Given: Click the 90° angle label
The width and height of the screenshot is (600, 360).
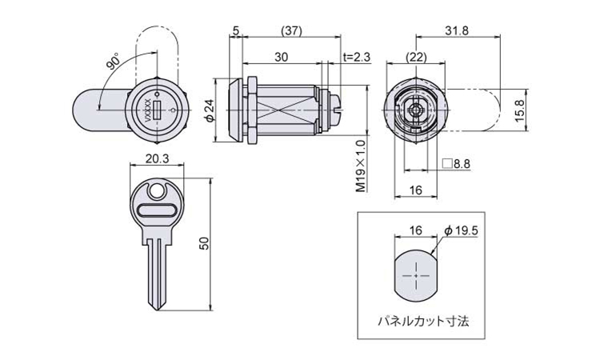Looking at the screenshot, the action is [x=114, y=62].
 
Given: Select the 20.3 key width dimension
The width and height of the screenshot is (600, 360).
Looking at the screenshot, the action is [x=157, y=158].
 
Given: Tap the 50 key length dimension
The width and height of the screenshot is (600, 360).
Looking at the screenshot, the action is [x=205, y=243].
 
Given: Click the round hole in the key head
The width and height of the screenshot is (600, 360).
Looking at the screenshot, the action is [x=156, y=191].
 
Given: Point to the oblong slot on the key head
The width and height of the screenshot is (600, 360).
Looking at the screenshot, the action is [x=157, y=211].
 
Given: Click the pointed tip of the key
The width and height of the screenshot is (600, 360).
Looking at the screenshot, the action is [x=157, y=310].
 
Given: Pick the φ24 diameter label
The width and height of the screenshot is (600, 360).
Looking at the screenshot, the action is [x=210, y=111].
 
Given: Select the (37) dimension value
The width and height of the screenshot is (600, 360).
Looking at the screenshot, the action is [x=291, y=31].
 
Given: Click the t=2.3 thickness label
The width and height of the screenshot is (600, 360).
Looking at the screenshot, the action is [x=357, y=57].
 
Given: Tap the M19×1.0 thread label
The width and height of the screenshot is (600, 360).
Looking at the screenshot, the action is [x=361, y=166].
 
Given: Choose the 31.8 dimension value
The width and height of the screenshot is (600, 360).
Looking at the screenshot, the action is [x=457, y=30].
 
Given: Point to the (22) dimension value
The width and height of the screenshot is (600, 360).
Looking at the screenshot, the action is [x=416, y=58].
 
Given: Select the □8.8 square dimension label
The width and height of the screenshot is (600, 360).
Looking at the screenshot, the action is [x=456, y=164].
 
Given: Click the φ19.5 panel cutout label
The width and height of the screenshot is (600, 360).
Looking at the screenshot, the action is [x=461, y=230].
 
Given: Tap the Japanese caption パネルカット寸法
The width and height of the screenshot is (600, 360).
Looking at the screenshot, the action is [x=423, y=321].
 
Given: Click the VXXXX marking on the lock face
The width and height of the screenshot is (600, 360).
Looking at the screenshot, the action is [x=147, y=110].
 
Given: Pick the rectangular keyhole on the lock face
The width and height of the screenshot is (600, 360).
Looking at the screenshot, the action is [x=157, y=110].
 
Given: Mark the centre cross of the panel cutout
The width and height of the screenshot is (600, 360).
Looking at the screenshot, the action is [x=415, y=275].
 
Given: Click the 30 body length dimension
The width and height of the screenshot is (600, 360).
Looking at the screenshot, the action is [x=282, y=57].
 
